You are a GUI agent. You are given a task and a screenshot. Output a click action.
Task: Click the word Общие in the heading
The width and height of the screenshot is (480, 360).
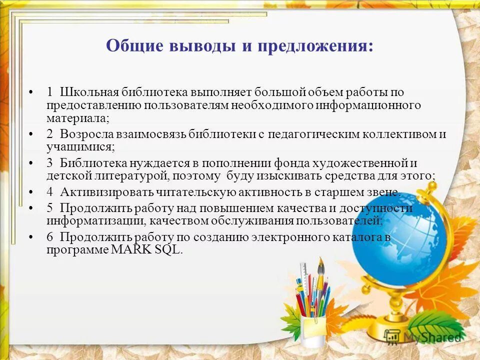tap(135, 46)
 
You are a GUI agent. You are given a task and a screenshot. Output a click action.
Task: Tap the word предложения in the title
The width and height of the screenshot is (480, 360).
tap(315, 46)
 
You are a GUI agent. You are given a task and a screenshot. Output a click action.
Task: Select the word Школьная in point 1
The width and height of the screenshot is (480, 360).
tap(89, 92)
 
